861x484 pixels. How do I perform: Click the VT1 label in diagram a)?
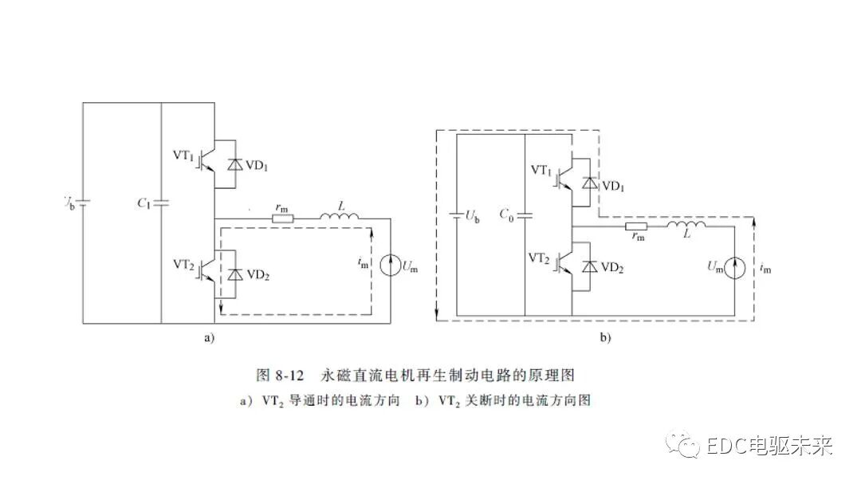click(184, 154)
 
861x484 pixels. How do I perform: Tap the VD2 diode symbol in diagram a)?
click(234, 273)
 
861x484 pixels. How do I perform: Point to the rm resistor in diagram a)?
click(282, 218)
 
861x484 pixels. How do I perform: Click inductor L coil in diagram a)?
click(340, 216)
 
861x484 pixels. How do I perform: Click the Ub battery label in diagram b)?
click(472, 218)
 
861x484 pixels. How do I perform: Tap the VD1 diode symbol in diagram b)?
click(589, 183)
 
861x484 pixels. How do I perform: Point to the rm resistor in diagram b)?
click(637, 226)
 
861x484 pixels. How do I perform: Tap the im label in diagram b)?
click(766, 270)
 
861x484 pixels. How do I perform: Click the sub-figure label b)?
click(605, 338)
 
